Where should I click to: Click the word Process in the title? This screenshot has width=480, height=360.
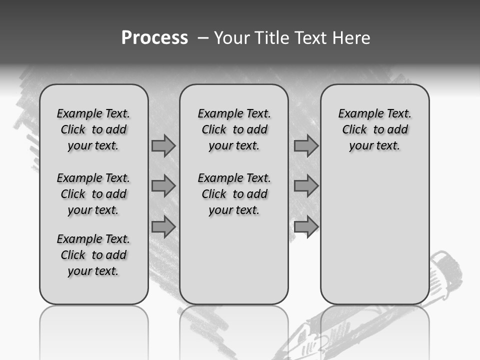click(154, 38)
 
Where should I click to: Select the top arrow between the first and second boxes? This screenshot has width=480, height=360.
click(163, 146)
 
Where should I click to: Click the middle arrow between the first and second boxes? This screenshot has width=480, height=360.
click(163, 186)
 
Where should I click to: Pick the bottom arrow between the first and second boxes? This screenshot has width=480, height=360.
click(163, 226)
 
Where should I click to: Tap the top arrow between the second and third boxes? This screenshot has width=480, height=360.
click(306, 146)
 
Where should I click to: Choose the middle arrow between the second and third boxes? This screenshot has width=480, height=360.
click(306, 186)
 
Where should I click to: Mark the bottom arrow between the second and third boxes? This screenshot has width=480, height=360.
click(306, 226)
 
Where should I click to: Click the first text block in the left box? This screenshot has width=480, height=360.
click(93, 129)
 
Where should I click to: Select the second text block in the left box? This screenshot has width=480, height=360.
click(93, 194)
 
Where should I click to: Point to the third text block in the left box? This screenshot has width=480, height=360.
click(93, 255)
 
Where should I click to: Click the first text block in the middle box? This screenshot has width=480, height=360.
click(234, 129)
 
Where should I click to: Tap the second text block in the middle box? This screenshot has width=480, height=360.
click(234, 194)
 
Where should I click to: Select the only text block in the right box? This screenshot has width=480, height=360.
click(374, 129)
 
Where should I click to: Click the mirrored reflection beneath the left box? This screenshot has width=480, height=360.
click(94, 325)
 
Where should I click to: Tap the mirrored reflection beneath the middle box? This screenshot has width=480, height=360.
click(234, 325)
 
